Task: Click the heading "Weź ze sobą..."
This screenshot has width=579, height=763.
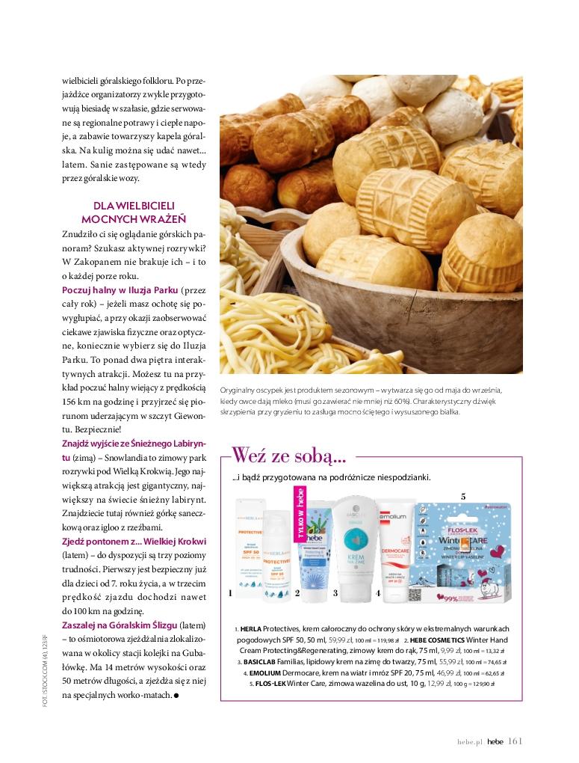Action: pos(288,455)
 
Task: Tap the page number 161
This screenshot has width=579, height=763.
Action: pos(515,741)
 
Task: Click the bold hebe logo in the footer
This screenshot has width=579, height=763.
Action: pos(495,742)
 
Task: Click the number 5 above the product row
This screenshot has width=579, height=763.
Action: pos(463,496)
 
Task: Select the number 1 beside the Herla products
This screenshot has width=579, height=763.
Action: pos(231,593)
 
